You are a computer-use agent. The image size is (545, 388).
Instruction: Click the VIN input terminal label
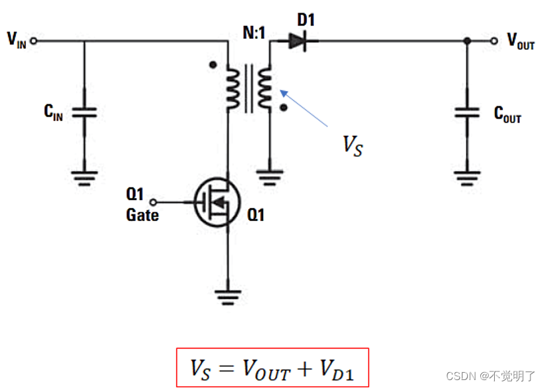[x=16, y=40]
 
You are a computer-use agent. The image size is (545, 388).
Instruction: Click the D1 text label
[x=306, y=19]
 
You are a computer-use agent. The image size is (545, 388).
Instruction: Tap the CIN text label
[x=53, y=113]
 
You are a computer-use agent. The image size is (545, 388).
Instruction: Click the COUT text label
[x=507, y=115]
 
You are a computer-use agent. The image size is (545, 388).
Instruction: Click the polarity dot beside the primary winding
[x=212, y=65]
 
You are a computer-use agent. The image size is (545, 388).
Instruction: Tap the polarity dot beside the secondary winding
[x=284, y=106]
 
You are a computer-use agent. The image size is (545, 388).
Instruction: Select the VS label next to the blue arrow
[x=352, y=145]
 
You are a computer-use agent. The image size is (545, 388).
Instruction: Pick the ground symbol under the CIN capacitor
[x=84, y=177]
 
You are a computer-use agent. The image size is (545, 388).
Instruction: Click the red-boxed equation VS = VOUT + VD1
[x=272, y=368]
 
